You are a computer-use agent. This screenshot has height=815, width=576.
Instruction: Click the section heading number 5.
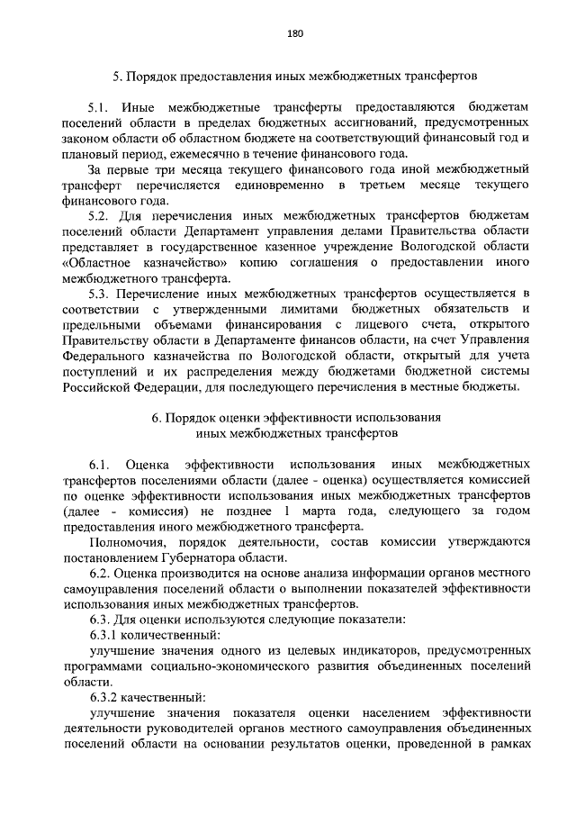pos(116,75)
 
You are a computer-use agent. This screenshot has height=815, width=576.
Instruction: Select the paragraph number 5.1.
pos(100,106)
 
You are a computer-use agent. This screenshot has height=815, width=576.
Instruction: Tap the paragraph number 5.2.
pos(100,216)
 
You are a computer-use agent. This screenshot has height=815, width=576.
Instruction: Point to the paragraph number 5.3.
pos(100,294)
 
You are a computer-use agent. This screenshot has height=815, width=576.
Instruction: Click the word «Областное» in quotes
pos(100,262)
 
